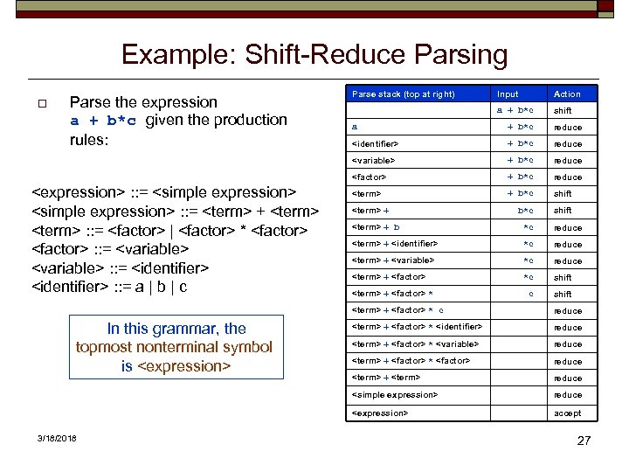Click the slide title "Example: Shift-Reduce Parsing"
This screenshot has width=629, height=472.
point(314,55)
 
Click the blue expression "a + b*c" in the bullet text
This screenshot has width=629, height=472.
point(104,121)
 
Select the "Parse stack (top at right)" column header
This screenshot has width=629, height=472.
point(403,94)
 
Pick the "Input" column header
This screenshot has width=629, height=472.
point(508,94)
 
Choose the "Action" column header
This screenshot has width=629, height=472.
point(567,94)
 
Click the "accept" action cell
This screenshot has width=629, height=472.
point(567,413)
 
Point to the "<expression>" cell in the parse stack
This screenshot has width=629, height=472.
point(379,413)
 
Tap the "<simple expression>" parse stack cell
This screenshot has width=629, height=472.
point(394,395)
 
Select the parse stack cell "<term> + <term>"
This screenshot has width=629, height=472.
point(385,378)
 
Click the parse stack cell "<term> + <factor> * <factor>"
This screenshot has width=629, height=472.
point(411,361)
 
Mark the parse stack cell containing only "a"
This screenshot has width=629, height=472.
point(355,127)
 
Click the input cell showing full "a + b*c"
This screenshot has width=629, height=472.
point(515,110)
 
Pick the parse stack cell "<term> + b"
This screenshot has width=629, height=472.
point(376,227)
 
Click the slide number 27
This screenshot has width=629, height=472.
point(584,441)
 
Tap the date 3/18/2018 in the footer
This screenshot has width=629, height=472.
point(57,437)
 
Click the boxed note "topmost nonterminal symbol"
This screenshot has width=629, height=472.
point(175,348)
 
